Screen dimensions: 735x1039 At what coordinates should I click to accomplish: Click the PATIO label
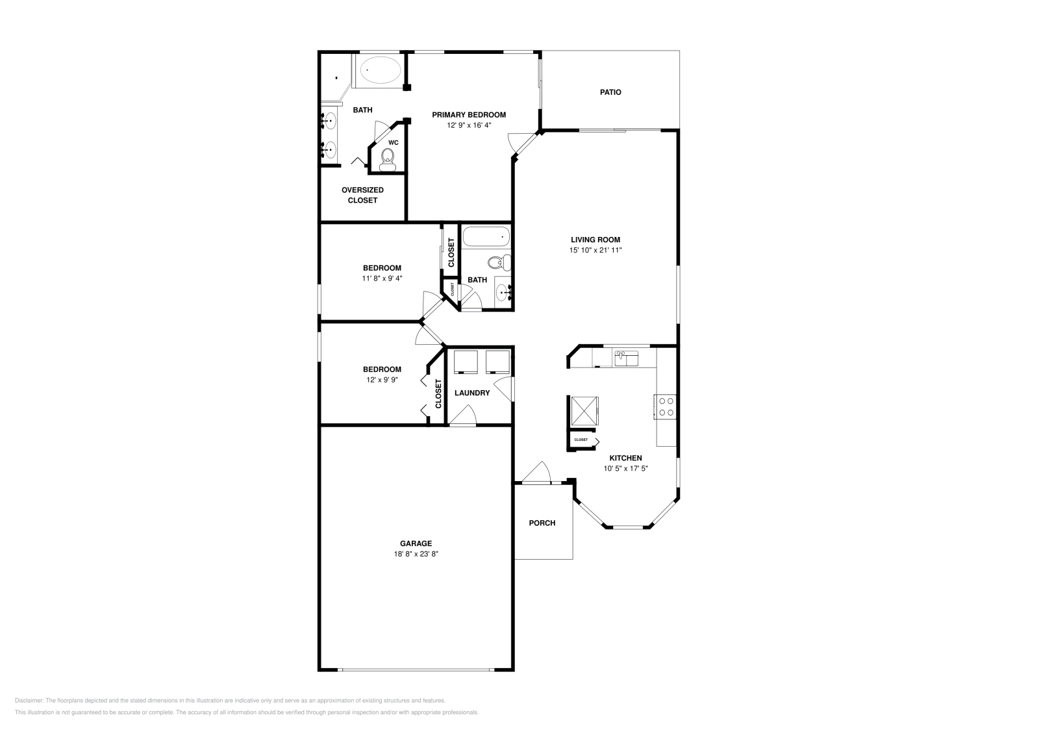610,92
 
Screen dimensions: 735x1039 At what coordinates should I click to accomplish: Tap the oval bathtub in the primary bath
381,69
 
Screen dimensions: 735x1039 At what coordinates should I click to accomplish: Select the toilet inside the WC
388,158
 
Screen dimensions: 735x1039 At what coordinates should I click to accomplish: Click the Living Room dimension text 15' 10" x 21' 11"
595,250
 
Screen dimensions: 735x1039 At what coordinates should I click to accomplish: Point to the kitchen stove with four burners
666,406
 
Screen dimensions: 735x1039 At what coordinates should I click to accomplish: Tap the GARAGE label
416,543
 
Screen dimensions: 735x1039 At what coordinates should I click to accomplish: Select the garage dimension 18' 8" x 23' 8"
416,554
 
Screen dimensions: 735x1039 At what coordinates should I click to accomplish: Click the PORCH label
542,523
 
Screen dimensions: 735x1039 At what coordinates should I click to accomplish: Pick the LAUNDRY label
472,393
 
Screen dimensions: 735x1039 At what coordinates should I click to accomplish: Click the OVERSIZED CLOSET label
362,195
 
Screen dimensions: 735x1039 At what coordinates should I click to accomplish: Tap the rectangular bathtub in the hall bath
486,237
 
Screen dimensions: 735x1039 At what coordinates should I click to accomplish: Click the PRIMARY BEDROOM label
469,115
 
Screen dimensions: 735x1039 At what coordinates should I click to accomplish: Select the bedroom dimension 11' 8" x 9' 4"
382,279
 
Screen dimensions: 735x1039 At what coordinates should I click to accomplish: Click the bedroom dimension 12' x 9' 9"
382,380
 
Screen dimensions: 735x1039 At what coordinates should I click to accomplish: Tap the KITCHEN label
625,458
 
